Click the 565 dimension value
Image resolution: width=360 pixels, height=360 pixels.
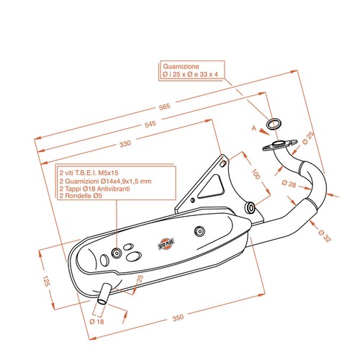(x=165, y=107)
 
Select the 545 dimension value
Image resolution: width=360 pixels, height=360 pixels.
(x=150, y=124)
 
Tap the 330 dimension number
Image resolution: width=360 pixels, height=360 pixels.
(x=125, y=144)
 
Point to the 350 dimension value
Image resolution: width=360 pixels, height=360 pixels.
(x=178, y=318)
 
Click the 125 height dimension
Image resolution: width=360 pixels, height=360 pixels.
(x=46, y=281)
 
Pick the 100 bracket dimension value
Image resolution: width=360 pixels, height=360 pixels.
(x=256, y=174)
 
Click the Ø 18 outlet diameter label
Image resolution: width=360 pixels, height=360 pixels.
(x=96, y=321)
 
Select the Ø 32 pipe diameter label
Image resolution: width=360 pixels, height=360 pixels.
(x=325, y=235)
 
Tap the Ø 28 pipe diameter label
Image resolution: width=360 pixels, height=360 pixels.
(x=289, y=184)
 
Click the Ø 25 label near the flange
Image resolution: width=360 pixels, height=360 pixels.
(x=308, y=138)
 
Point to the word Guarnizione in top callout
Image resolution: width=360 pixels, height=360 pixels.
(x=181, y=66)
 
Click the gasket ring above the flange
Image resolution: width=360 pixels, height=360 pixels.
(x=274, y=124)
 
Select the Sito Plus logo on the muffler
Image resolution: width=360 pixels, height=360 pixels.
(x=166, y=244)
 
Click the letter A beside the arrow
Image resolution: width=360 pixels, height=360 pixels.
(x=254, y=128)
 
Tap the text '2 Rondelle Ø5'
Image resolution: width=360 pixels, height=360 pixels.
(x=81, y=196)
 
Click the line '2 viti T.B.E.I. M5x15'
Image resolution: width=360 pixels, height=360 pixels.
(x=89, y=173)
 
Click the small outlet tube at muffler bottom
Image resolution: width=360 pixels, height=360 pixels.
(x=104, y=294)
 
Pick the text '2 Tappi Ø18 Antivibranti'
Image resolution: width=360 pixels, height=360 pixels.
(x=94, y=189)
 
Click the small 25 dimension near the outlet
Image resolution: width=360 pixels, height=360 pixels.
(x=140, y=279)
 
